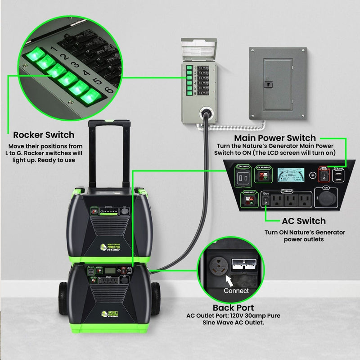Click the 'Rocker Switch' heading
44,135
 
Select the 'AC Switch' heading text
303,221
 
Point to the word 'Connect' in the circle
236,291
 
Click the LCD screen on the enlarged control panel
297,175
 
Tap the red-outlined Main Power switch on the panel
324,177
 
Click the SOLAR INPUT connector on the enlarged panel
264,177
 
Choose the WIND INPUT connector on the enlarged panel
251,201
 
